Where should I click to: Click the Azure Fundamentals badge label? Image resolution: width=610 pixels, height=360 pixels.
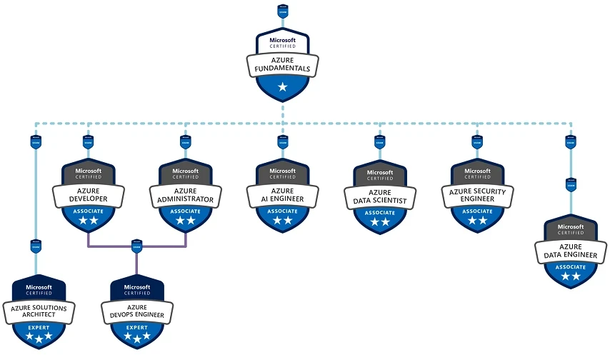point(283,64)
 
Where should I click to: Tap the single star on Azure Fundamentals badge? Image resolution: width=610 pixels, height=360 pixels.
point(283,87)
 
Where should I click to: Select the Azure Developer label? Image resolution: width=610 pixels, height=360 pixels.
point(89,194)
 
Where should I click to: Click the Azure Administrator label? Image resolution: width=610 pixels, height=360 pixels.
point(186,194)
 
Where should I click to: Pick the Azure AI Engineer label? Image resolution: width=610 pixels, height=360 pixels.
point(283,194)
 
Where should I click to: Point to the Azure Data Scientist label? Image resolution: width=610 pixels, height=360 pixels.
point(380,196)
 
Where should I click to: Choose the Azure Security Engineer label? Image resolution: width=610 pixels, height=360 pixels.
point(477,194)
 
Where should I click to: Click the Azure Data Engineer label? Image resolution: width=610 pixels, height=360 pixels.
point(571,250)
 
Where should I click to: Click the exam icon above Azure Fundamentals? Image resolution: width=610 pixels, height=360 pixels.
point(283,12)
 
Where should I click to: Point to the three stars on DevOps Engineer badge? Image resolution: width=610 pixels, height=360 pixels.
point(136,336)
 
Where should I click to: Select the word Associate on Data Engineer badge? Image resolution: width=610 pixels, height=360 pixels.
point(571,267)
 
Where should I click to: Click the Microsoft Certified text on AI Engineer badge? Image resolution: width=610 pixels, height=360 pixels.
point(283,174)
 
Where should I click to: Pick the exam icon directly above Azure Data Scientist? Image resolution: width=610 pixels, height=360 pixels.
point(380,140)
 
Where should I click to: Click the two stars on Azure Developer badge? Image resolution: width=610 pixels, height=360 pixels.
point(89,221)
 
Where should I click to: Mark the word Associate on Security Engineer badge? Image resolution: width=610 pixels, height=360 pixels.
point(477,211)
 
